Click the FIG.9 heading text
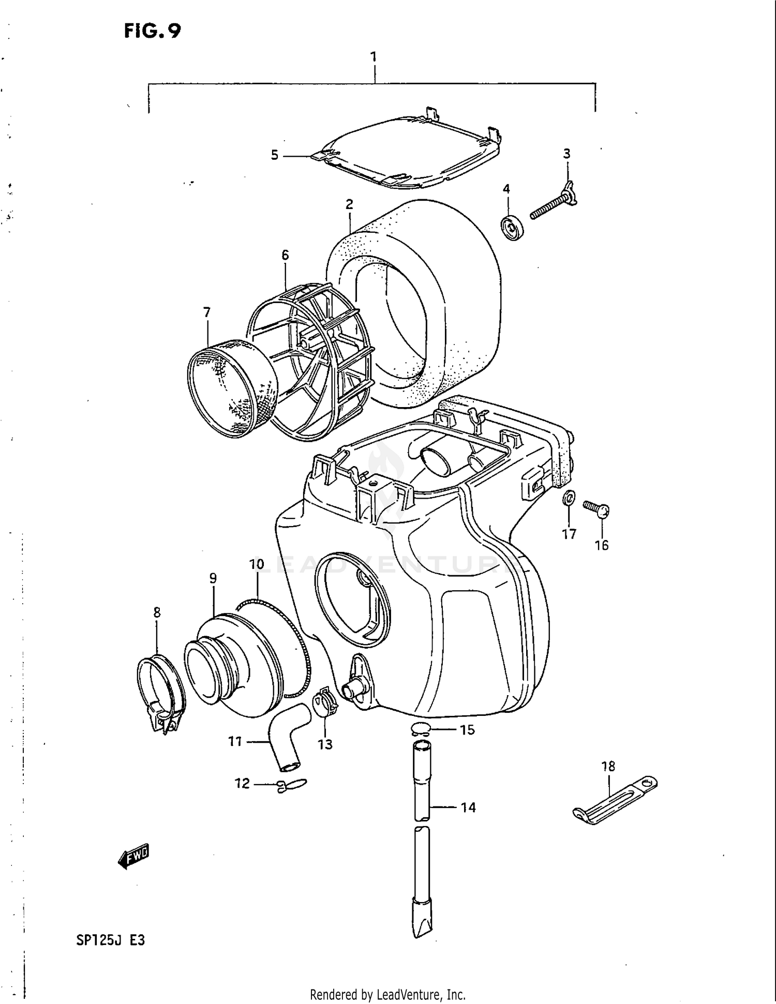click(152, 31)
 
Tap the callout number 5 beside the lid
click(275, 155)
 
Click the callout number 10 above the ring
click(257, 564)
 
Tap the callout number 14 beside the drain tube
click(468, 807)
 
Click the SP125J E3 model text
click(110, 940)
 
